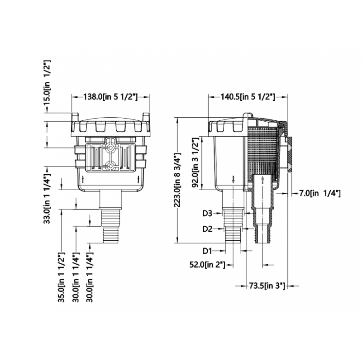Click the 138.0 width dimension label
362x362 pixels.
(110, 96)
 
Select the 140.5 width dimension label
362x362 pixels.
(248, 96)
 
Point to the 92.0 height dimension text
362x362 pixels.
(195, 163)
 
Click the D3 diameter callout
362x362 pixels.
(207, 214)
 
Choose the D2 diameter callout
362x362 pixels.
(207, 229)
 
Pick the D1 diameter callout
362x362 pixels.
(207, 251)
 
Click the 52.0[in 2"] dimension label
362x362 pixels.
(207, 265)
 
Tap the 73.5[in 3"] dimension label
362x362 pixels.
(267, 286)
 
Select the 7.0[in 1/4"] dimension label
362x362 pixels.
(320, 193)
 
